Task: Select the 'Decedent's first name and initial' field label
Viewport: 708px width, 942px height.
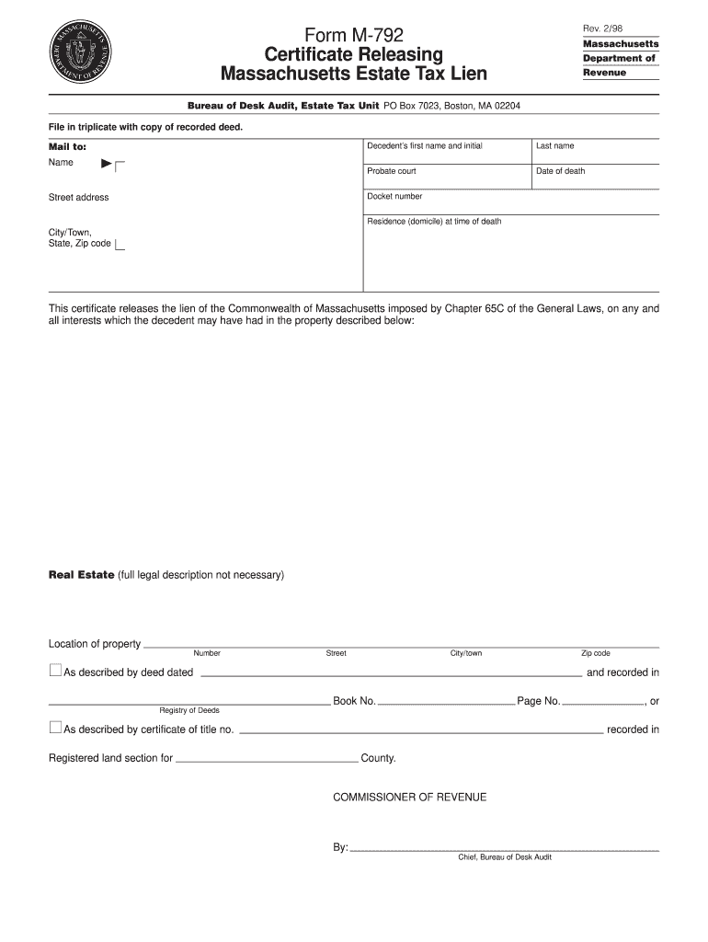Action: pyautogui.click(x=424, y=146)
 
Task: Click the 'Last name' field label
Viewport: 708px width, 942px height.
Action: pyautogui.click(x=554, y=146)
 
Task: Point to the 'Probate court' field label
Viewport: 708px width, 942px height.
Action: pyautogui.click(x=391, y=171)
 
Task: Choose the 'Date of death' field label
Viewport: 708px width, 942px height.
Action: pyautogui.click(x=560, y=171)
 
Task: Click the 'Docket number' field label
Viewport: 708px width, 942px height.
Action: pyautogui.click(x=394, y=196)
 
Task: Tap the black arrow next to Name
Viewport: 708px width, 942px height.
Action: pyautogui.click(x=107, y=164)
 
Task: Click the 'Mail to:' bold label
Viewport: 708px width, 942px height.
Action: pyautogui.click(x=67, y=146)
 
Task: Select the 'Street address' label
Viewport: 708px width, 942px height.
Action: pyautogui.click(x=78, y=198)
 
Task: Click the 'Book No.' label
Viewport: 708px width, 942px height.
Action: pyautogui.click(x=354, y=701)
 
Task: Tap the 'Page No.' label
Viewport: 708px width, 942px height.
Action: pyautogui.click(x=538, y=701)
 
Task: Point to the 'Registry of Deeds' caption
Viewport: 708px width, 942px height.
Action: pyautogui.click(x=189, y=710)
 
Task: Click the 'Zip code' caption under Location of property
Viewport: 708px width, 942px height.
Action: pyautogui.click(x=595, y=653)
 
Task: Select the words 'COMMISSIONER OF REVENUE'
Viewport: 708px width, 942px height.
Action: pyautogui.click(x=409, y=797)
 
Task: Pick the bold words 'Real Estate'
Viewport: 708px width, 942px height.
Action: pyautogui.click(x=81, y=575)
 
